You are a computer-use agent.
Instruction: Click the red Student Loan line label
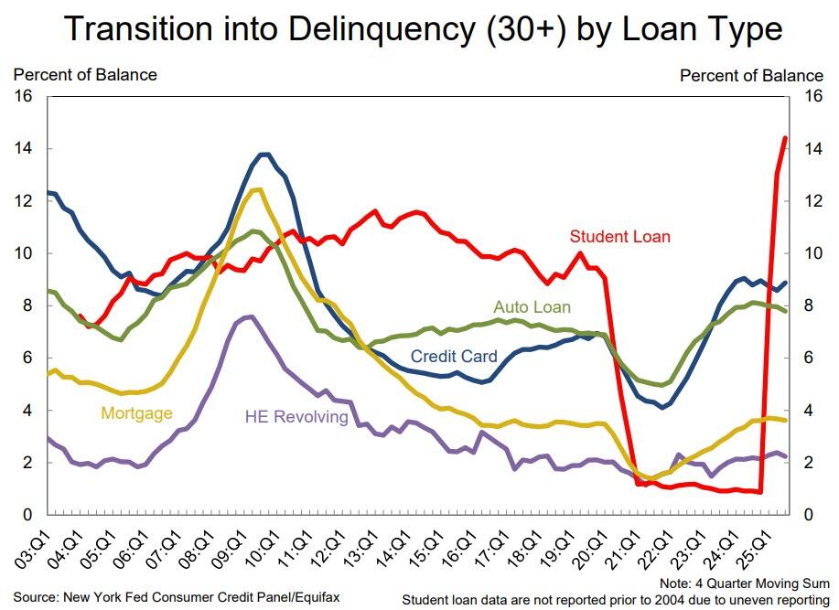point(619,237)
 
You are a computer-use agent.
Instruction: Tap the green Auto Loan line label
point(532,307)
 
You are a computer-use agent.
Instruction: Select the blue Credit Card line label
point(454,357)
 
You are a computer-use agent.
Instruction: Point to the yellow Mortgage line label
point(136,413)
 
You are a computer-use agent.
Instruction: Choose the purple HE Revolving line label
point(296,417)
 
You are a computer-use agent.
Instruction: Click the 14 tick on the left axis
point(23,148)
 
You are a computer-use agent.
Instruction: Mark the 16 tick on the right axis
point(812,96)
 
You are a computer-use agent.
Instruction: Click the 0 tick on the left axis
point(27,516)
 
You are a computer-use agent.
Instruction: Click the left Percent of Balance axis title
point(85,75)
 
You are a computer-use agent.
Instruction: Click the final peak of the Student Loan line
point(785,138)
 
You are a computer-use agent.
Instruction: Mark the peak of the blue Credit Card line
point(264,154)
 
